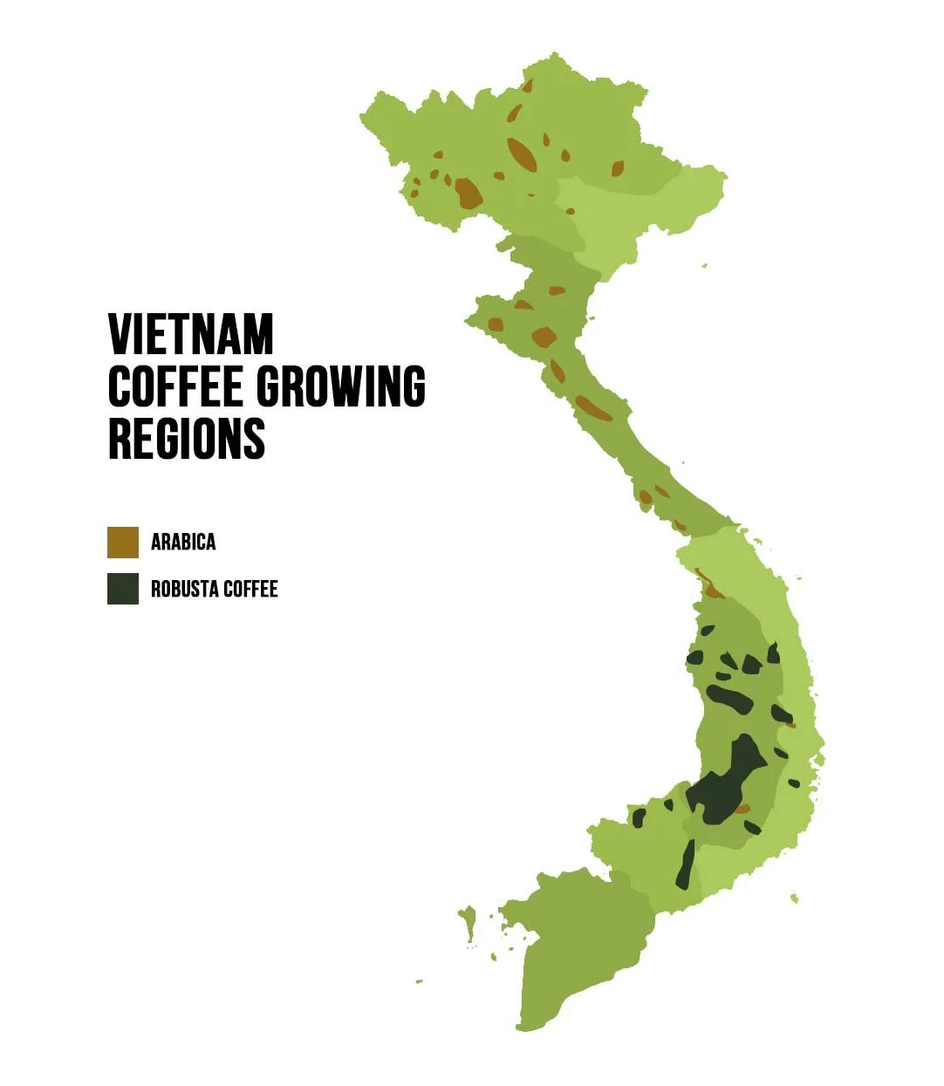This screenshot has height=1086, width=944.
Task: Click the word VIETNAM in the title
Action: tap(191, 334)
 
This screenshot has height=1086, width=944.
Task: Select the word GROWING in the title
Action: tap(340, 386)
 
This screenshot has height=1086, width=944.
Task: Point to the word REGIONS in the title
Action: tap(187, 438)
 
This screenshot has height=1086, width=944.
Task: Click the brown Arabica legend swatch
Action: tap(123, 542)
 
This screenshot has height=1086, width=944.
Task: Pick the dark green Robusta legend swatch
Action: tap(123, 589)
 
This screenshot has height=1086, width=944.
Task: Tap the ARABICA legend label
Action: tap(183, 542)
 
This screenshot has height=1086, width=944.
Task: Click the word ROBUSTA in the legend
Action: tap(184, 589)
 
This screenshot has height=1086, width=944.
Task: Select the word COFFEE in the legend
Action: tap(250, 589)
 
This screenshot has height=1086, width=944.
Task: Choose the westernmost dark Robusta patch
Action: tap(639, 818)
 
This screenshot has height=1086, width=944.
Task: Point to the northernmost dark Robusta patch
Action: tap(706, 630)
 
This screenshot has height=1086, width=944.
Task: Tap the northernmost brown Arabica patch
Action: tap(527, 85)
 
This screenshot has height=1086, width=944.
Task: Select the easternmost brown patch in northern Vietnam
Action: tap(618, 168)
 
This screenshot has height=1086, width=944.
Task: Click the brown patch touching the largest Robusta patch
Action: tap(742, 809)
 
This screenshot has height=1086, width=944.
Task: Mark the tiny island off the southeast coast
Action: tap(794, 898)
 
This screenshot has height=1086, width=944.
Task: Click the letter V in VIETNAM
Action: tap(121, 334)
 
